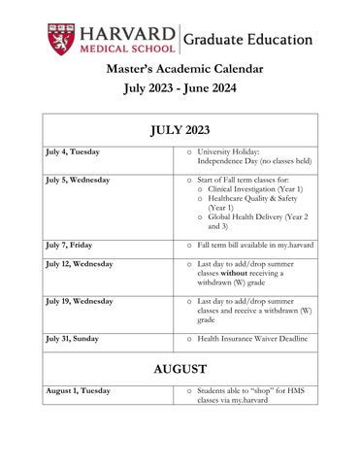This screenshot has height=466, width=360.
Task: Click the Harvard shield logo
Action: pyautogui.click(x=59, y=40)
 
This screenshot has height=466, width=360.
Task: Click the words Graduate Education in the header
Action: pyautogui.click(x=248, y=41)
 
